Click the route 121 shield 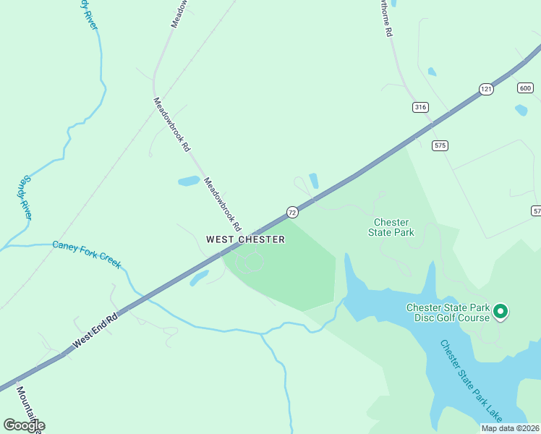(486, 88)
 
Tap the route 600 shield (525, 88)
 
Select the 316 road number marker (420, 107)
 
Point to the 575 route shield (440, 145)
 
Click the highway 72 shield (291, 212)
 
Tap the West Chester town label (245, 239)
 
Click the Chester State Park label (391, 228)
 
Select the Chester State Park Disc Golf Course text (448, 312)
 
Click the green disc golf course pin (500, 312)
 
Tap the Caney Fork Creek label (87, 253)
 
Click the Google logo (24, 425)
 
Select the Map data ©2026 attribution (510, 428)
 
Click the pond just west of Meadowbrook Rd (188, 181)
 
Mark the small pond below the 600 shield (521, 110)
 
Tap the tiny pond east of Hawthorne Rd (432, 72)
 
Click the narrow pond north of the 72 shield (314, 181)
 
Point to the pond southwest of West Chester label (200, 277)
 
